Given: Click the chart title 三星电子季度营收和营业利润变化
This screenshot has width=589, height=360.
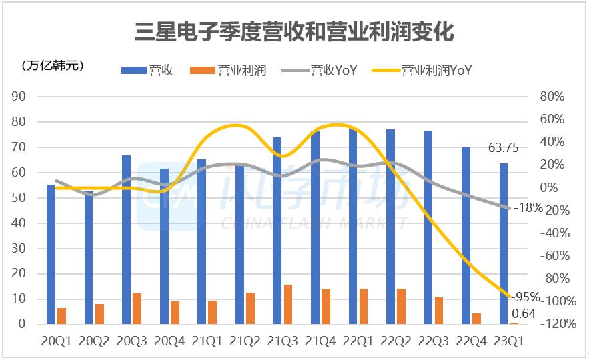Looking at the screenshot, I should pos(294,31).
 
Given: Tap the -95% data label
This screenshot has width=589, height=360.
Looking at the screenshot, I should pos(526,296).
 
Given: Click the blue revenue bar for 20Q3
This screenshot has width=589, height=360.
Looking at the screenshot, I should pos(126,240).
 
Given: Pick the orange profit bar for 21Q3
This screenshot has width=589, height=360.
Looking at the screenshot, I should pos(288,305).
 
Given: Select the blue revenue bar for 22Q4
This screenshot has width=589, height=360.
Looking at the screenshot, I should pos(466,235).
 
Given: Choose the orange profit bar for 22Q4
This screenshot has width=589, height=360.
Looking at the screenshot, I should pos(476,319).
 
